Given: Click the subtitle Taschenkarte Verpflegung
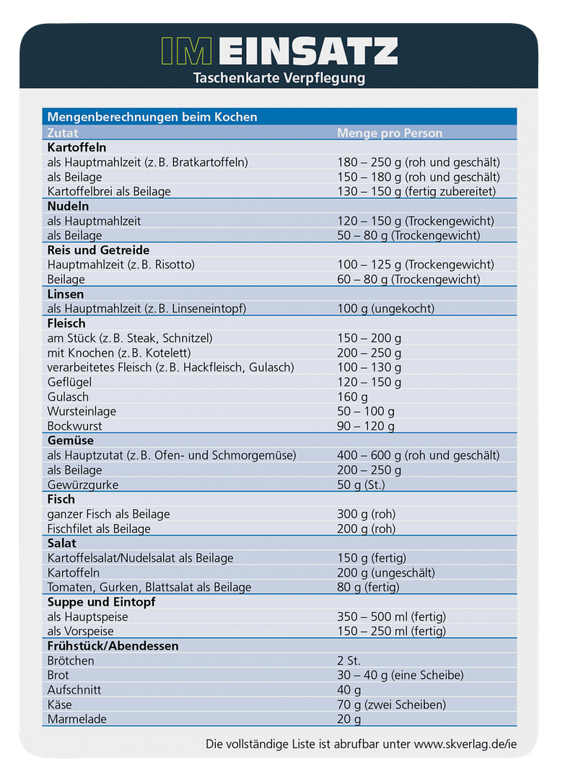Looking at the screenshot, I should coord(279,78).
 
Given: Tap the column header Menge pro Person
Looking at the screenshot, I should coord(390,133).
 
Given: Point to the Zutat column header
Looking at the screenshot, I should coord(63,133).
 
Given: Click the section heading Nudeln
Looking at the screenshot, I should coord(68,206).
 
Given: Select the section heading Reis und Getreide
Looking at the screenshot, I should coord(98,250).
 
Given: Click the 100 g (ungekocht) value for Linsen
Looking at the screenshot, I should coord(385,309).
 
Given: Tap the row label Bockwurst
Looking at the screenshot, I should coord(73,426).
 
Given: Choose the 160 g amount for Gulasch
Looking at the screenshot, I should coord(353,397).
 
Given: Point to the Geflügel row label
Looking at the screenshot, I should coord(70,382).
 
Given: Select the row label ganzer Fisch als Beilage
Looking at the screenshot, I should coord(108,514).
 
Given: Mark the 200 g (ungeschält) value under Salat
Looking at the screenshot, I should coord(386,573).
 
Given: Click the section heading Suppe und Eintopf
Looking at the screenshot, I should coord(101,602).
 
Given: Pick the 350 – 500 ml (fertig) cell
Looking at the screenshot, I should coord(391,616).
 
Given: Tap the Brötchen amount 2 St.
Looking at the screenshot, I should coord(349,660).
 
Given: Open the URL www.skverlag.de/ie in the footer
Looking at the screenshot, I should coord(465,743).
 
